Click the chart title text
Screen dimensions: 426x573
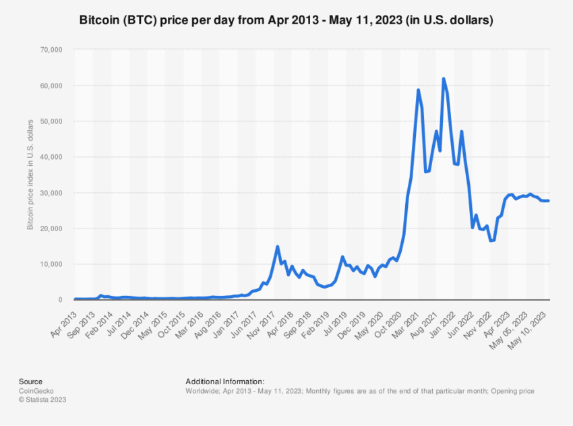[x=286, y=21]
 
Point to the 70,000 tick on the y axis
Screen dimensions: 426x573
[x=51, y=50]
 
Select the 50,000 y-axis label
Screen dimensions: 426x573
[x=51, y=121]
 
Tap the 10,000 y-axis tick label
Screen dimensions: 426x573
[x=51, y=264]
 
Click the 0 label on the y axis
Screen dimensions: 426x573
[x=59, y=300]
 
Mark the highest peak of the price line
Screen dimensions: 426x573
[x=444, y=79]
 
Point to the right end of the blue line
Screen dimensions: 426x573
[x=547, y=200]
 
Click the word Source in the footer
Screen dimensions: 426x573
[x=30, y=382]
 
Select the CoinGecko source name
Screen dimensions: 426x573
[x=38, y=390]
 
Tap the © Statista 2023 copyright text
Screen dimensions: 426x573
[x=42, y=399]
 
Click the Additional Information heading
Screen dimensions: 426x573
[x=224, y=382]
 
